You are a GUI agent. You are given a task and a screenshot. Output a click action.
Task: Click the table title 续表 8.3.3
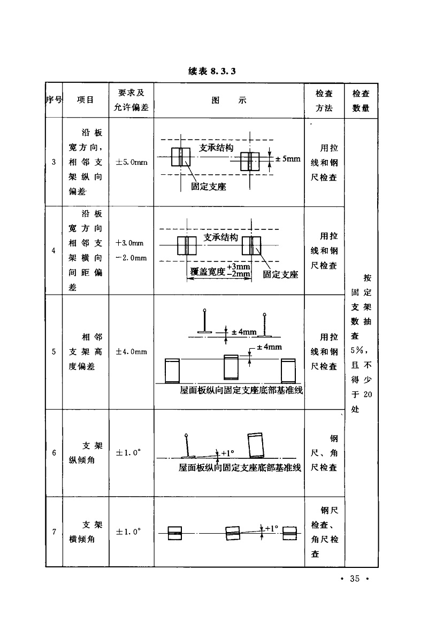[x=212, y=72]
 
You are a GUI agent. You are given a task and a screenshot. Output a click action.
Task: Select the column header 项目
[x=85, y=100]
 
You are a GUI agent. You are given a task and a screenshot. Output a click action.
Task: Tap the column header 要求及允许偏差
[x=131, y=100]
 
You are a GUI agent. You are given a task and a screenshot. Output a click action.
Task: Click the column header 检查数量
[x=361, y=100]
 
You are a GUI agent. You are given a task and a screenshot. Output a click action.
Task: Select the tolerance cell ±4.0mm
[x=131, y=352]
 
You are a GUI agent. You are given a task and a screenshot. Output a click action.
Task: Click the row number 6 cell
[x=54, y=453]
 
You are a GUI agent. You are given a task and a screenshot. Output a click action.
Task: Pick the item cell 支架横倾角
[x=85, y=532]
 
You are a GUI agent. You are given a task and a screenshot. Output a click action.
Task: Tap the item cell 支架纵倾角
[x=85, y=453]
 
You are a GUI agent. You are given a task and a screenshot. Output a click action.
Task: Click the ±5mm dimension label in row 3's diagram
[x=288, y=159]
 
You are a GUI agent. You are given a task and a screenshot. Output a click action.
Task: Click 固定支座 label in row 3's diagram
[x=208, y=187]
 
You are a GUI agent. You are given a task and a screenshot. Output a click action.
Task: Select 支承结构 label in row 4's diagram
[x=220, y=237]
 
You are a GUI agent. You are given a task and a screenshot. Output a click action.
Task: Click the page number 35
[x=355, y=578]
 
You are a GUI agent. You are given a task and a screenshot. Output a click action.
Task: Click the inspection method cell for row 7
[x=324, y=532]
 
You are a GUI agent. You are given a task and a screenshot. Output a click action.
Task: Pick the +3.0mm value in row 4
[x=131, y=243]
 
